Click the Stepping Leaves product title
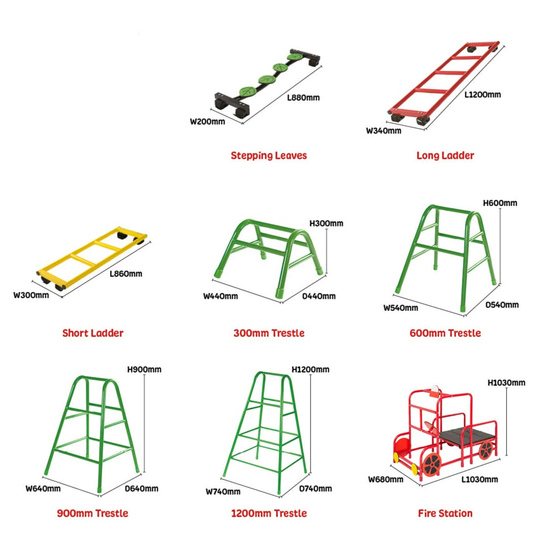269,155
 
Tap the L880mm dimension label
303,97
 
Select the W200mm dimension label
207,122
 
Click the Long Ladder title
445,155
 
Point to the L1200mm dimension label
483,94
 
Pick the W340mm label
384,130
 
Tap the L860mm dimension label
126,274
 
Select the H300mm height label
326,223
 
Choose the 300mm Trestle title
269,333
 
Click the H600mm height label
500,203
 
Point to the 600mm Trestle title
445,333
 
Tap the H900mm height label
145,370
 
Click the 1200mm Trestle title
269,513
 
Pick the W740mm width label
223,492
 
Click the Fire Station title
445,513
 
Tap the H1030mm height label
506,382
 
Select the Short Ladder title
93,333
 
